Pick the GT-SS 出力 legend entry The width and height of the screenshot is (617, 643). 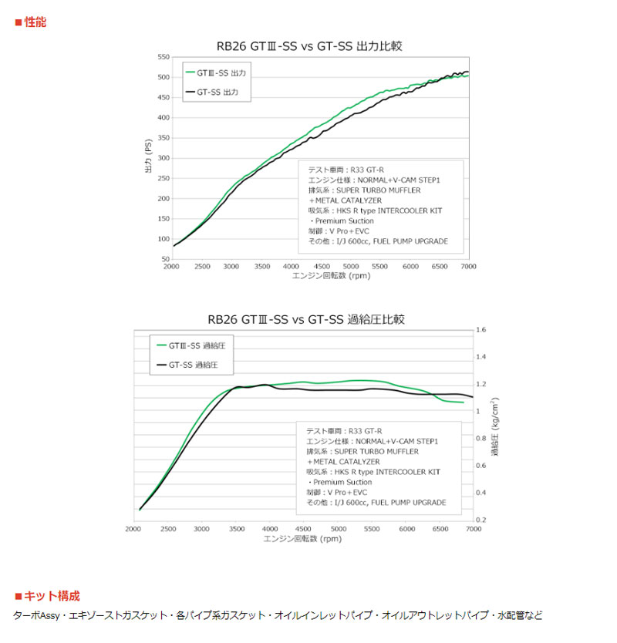216,93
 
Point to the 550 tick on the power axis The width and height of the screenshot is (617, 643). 163,58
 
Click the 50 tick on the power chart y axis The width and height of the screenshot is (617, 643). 165,259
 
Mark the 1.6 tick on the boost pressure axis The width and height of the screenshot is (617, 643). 481,330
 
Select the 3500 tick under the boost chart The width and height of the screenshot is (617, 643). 236,529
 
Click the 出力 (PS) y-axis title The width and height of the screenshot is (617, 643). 148,158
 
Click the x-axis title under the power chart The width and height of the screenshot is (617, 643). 320,275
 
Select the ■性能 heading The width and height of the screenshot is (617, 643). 30,22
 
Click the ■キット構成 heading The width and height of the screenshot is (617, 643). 47,596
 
